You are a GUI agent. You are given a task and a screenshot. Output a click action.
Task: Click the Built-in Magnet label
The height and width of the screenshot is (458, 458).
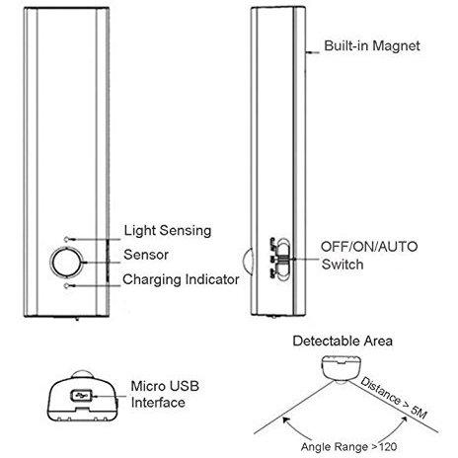coord(372,45)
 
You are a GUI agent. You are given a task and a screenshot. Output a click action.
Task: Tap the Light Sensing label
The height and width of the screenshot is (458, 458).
coord(168,230)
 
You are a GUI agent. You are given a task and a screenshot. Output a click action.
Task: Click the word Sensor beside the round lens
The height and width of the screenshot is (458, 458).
coord(146,255)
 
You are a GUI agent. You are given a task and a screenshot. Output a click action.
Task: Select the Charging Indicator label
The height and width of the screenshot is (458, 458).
coord(181,279)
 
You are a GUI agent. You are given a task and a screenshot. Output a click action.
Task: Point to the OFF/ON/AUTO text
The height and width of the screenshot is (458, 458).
coord(369,247)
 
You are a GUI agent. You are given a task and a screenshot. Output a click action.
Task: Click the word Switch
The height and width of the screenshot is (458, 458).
coord(343,265)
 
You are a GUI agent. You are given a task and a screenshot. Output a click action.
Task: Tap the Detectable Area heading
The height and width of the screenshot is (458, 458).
coord(343,341)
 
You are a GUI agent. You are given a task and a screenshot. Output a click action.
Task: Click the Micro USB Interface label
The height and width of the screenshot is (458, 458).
coord(165,394)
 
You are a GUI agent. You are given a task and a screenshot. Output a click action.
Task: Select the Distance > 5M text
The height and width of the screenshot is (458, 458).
coord(394,398)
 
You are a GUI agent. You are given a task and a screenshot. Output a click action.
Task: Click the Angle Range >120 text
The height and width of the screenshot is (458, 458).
coord(348,447)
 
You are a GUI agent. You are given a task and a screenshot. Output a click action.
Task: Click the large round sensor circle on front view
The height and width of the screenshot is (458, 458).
coord(67,262)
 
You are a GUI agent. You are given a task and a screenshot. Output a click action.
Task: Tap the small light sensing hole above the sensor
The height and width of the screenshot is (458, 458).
coord(67,239)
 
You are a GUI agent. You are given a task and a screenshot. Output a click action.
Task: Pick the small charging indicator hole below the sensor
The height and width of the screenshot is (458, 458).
coord(67,285)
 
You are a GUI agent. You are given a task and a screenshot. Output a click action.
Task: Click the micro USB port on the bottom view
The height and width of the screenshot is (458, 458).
coord(81,396)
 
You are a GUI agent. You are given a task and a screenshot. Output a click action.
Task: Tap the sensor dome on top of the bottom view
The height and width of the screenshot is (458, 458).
coord(82,374)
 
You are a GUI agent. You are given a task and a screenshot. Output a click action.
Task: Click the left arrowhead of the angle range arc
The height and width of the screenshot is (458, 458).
coord(285,420)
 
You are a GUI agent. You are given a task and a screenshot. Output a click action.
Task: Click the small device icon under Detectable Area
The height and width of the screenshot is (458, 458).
coord(342,368)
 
